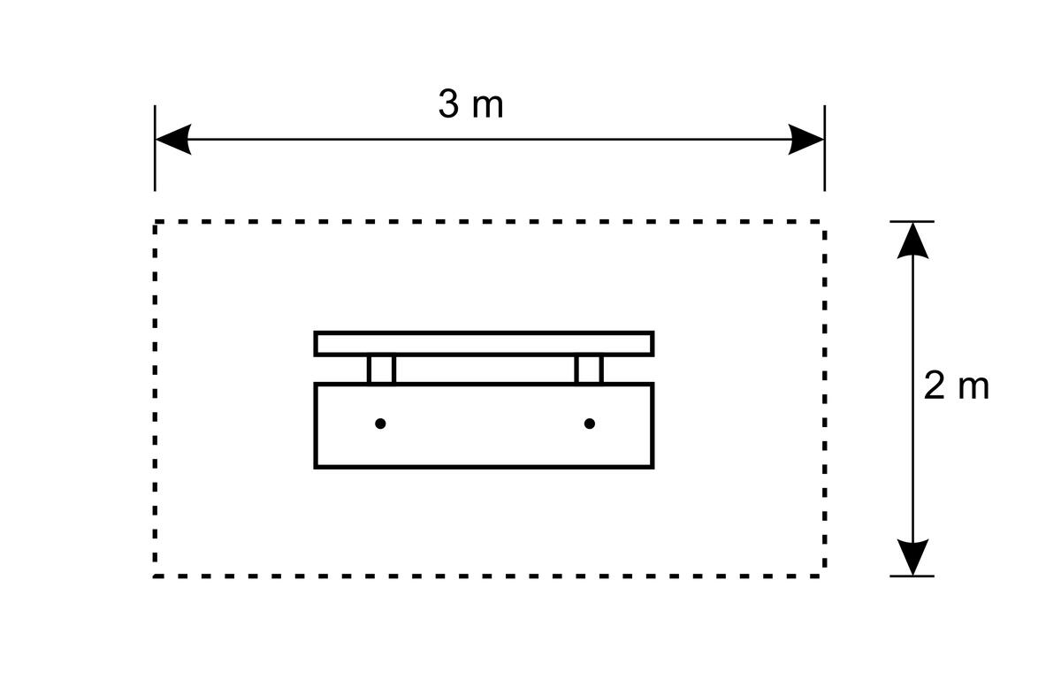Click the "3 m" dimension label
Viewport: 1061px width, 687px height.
coord(470,104)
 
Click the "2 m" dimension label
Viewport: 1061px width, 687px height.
coord(956,386)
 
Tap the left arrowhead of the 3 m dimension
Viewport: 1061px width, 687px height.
coord(173,140)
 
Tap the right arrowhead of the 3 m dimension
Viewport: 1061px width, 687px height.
coord(806,140)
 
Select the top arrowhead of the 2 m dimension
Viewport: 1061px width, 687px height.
coord(912,240)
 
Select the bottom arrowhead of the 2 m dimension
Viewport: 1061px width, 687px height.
coord(912,557)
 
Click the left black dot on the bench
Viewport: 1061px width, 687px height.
coord(380,424)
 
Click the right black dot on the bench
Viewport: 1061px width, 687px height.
coord(590,424)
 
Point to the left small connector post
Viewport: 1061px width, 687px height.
coord(381,370)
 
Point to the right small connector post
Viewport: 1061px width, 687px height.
coord(589,370)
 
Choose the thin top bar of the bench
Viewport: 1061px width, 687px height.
coord(485,343)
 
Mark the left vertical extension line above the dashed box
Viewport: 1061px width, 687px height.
coord(155,149)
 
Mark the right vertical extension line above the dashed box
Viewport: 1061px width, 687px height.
coord(825,149)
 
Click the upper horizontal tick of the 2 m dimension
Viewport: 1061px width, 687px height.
coord(912,221)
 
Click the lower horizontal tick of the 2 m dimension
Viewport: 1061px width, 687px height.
coord(912,576)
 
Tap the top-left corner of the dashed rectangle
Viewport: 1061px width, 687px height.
coord(155,221)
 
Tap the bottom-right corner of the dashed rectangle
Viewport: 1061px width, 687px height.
coord(825,576)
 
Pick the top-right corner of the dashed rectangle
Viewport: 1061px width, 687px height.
coord(825,221)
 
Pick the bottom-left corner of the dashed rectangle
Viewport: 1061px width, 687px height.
coord(155,576)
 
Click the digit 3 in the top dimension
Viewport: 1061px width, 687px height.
coord(448,104)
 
